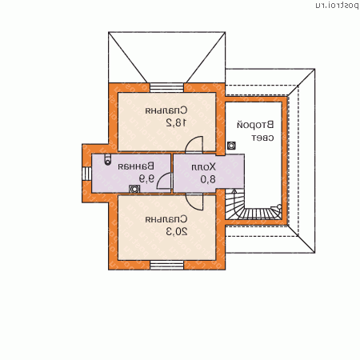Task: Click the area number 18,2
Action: [176, 122]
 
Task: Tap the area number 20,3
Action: [177, 232]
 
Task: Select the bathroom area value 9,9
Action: [146, 178]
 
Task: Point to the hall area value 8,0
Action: [208, 179]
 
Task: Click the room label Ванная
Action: [136, 166]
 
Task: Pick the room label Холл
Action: [203, 167]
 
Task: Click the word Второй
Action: [255, 125]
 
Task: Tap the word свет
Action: [262, 138]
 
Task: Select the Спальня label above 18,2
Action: [166, 110]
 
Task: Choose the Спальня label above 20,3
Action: [166, 219]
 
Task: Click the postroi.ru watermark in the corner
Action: [337, 6]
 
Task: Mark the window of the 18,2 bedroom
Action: [166, 88]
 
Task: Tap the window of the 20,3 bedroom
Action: [166, 265]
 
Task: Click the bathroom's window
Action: [86, 174]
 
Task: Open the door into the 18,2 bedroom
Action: [194, 145]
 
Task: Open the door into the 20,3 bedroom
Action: [194, 202]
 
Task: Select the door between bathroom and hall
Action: [164, 181]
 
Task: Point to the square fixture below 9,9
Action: [134, 189]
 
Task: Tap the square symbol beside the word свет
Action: [231, 146]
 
